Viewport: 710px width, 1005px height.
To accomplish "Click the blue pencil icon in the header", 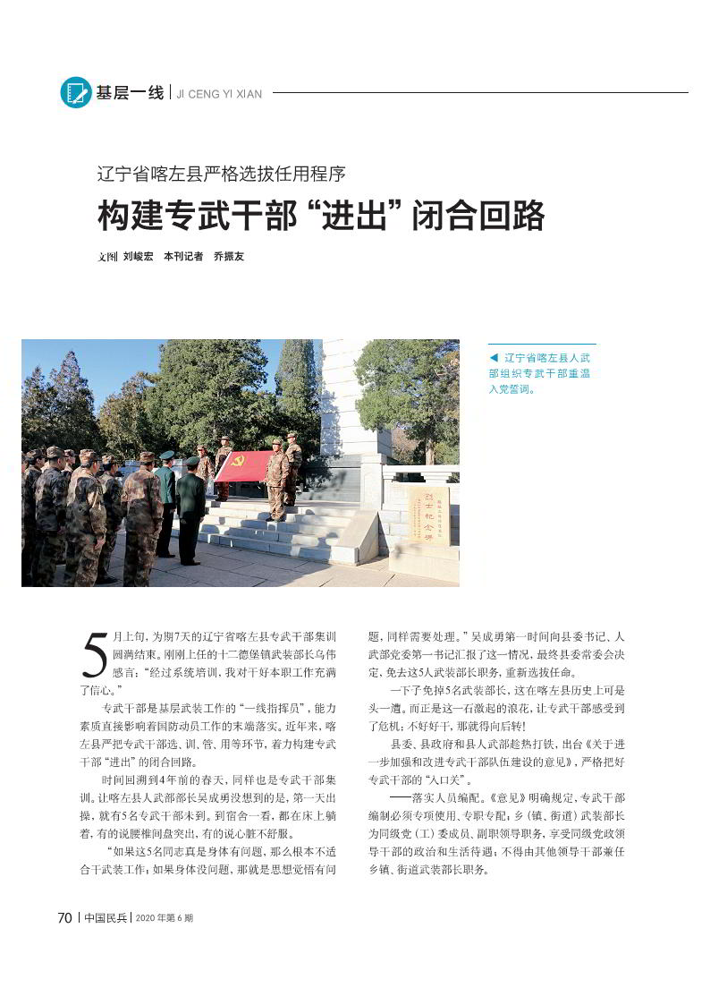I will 76,92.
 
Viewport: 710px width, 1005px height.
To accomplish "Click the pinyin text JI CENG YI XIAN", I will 219,94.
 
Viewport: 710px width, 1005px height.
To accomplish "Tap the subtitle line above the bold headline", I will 221,174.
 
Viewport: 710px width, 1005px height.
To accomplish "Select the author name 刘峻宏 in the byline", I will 138,257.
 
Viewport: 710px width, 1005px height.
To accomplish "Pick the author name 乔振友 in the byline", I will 229,257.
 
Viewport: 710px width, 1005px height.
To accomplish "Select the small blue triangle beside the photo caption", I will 493,357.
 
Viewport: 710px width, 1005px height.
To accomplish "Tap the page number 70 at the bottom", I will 64,917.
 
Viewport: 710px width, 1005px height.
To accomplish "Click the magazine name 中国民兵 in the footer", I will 106,918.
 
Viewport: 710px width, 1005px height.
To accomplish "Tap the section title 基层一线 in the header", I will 131,92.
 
